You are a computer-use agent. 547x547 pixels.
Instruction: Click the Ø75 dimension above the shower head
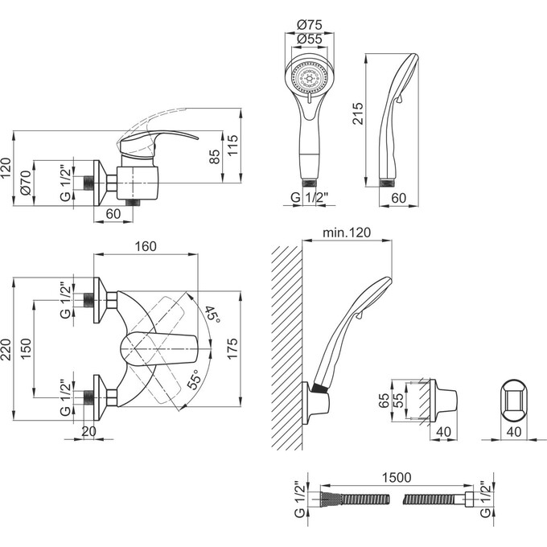pos(309,25)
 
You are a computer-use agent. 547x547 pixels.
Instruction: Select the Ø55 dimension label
pos(309,39)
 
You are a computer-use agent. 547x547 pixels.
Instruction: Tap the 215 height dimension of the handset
pos(358,113)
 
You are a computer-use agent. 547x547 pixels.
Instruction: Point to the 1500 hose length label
pos(397,478)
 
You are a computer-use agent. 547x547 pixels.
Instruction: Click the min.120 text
pos(347,232)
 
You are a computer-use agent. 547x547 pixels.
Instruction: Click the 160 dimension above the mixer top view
pos(146,247)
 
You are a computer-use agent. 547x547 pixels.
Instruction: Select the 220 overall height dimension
pos(7,350)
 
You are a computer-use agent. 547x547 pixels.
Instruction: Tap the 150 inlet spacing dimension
pos(27,348)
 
